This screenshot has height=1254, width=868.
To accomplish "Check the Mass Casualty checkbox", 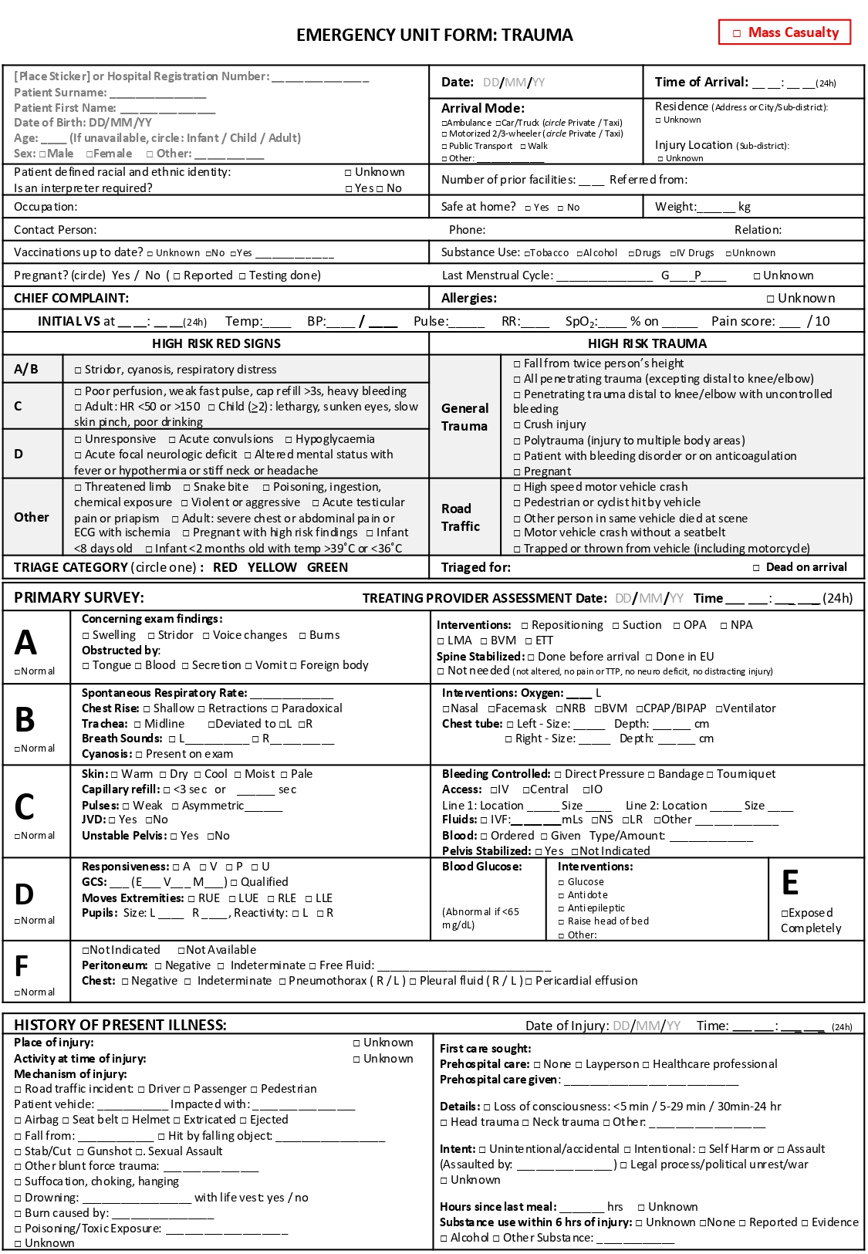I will pyautogui.click(x=737, y=33).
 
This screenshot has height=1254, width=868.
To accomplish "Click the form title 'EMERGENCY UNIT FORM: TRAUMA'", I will pyautogui.click(x=434, y=35).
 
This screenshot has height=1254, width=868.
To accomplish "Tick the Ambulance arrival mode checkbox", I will pyautogui.click(x=444, y=123).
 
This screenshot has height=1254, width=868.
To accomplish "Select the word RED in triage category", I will pyautogui.click(x=225, y=568).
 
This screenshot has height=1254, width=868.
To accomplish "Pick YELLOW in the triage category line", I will pyautogui.click(x=272, y=568).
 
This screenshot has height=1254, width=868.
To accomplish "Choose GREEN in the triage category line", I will pyautogui.click(x=327, y=568).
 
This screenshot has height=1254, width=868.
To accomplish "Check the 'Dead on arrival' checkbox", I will pyautogui.click(x=756, y=568).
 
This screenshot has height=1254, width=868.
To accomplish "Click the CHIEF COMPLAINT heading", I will pyautogui.click(x=71, y=299).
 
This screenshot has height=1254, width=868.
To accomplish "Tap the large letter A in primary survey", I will pyautogui.click(x=25, y=643).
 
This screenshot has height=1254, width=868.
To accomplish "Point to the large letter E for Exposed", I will pyautogui.click(x=790, y=883).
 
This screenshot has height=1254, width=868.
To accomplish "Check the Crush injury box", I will pyautogui.click(x=517, y=425).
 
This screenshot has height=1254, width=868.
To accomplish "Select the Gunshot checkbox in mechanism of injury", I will pyautogui.click(x=80, y=1151).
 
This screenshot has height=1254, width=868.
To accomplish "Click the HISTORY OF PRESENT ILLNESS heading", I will pyautogui.click(x=120, y=1026).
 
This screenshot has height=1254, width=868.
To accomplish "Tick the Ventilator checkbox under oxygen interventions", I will pyautogui.click(x=719, y=709).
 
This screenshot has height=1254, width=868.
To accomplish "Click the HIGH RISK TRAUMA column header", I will pyautogui.click(x=647, y=344).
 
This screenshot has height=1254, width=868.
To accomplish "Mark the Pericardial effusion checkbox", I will pyautogui.click(x=529, y=982).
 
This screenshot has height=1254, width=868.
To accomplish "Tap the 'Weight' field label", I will pyautogui.click(x=675, y=207).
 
